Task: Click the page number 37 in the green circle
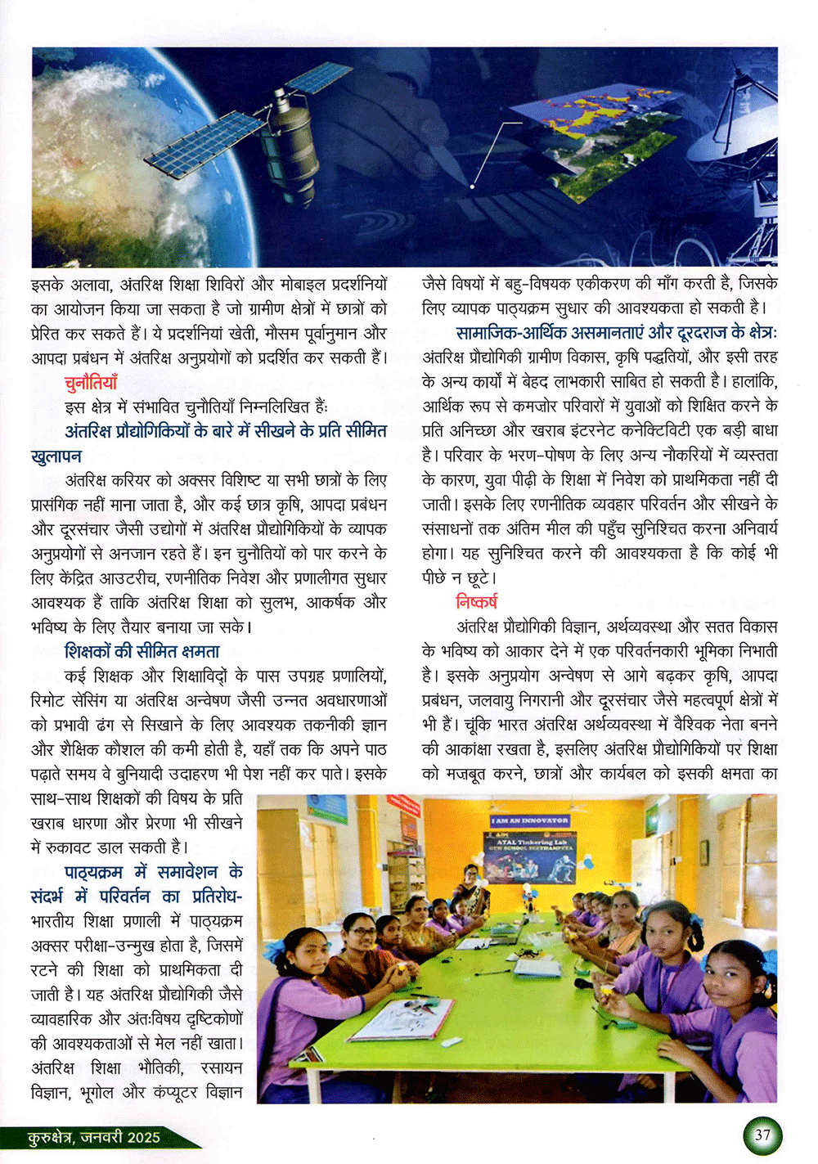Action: pos(762,1135)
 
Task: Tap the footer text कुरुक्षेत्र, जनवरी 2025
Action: pos(94,1138)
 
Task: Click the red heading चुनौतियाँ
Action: pos(92,382)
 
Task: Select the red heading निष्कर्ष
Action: pos(476,602)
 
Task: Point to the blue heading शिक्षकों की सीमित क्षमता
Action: pos(142,652)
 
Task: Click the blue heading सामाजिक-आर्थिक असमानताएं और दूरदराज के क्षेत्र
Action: pos(616,333)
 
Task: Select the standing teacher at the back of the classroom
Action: pos(472,883)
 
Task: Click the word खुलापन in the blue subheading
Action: pos(57,456)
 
